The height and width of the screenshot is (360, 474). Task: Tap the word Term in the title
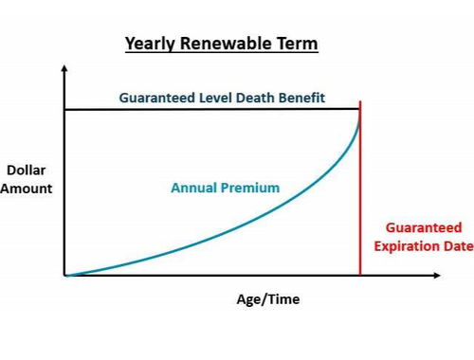point(298,44)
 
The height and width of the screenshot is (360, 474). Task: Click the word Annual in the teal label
point(193,188)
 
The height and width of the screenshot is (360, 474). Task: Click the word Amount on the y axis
point(27,188)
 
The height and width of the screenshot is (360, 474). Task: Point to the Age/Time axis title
point(268,300)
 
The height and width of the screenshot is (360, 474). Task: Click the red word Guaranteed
point(424,228)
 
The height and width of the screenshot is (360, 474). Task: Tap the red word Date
point(456,245)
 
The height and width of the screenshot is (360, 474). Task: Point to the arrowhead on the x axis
point(436,276)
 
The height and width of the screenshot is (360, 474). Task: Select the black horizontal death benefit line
point(209,111)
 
